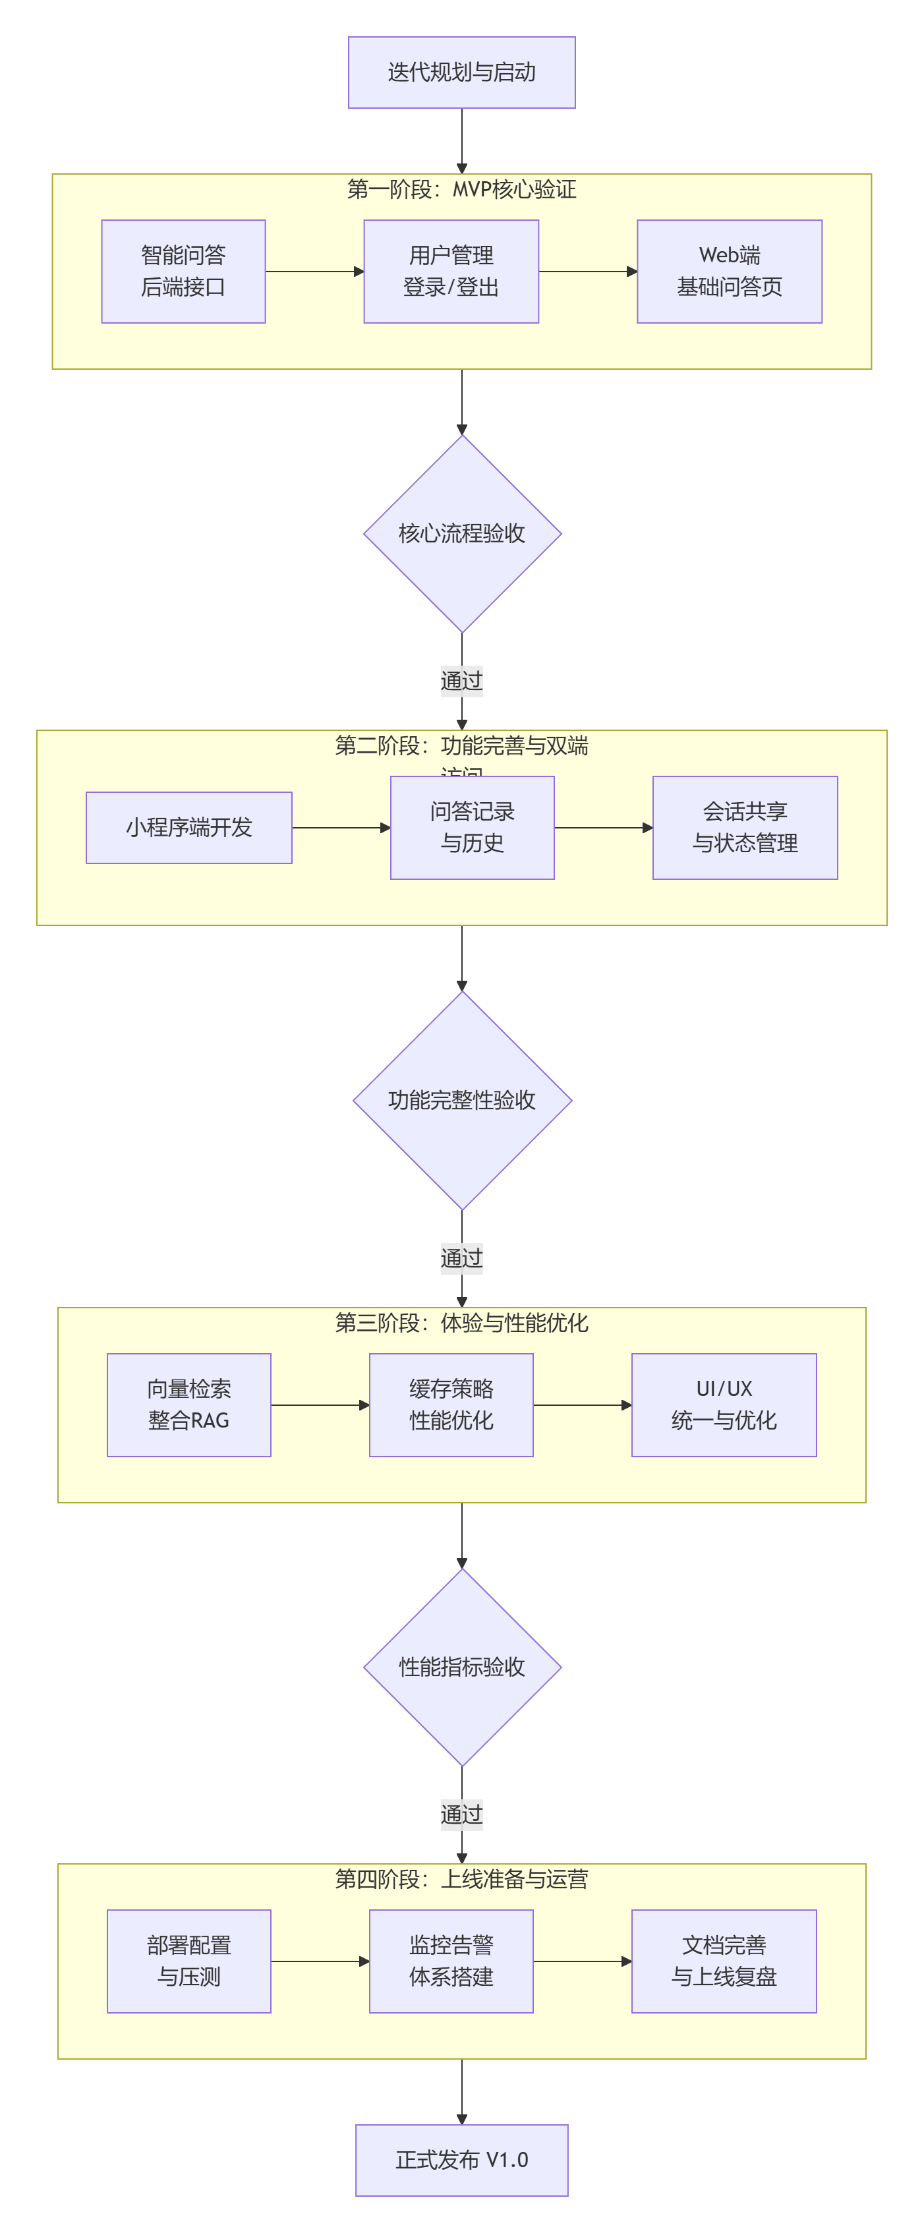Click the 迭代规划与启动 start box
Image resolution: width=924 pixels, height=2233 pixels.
[461, 72]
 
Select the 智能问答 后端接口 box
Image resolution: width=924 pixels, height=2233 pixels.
[183, 272]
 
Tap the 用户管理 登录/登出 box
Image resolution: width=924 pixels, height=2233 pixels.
[451, 272]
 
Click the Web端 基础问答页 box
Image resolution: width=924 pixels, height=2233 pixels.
[729, 272]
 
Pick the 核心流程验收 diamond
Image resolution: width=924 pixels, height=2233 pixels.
[462, 533]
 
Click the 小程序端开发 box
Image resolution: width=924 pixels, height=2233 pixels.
[189, 828]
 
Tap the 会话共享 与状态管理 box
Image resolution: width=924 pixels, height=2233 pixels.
[745, 828]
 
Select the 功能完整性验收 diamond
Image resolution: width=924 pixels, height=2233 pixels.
[462, 1100]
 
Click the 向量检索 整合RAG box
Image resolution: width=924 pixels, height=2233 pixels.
[189, 1405]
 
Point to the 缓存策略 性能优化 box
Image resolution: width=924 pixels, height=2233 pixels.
[451, 1405]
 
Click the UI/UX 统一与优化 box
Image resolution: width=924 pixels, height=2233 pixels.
[724, 1405]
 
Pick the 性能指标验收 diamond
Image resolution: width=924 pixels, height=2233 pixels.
[462, 1667]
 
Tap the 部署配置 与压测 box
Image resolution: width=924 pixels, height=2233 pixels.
[189, 1961]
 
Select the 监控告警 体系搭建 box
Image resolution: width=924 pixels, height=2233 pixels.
[451, 1961]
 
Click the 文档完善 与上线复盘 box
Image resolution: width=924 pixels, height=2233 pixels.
[724, 1961]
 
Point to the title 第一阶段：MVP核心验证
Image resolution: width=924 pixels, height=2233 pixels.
[461, 190]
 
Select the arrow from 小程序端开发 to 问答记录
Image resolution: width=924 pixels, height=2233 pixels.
[341, 828]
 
